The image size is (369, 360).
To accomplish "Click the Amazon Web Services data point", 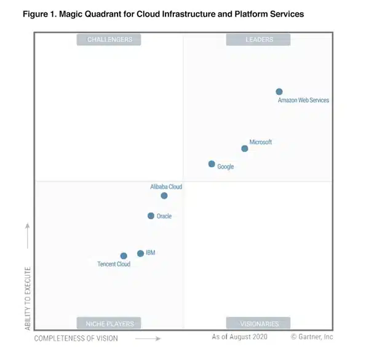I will coord(279,92).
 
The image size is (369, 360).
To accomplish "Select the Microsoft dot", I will coord(245,148).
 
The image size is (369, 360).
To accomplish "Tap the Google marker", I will coord(212,164).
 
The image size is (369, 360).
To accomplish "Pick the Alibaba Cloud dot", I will coord(164,196).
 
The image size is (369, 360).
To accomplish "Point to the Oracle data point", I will coord(151,216).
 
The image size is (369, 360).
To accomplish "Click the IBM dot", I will coord(140,254).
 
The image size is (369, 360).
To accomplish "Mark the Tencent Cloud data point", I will coord(124,256).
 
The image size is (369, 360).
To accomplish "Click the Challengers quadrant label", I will coord(109,39).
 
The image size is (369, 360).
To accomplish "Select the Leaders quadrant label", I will coord(258,39).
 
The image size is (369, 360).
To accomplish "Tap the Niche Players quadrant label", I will coord(109,323).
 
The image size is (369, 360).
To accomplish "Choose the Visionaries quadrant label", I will coord(258,323).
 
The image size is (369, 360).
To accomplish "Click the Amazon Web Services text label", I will coord(303,100).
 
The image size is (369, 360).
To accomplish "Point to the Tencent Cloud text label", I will coord(114,265).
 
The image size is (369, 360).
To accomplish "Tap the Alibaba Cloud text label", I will coord(166,186).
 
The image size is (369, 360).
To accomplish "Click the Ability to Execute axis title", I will coord(28,298).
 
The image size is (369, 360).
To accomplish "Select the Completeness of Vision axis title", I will coord(76,338).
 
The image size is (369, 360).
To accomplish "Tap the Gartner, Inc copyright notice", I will coord(312,337).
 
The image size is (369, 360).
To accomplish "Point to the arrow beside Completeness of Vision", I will coord(148,338).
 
